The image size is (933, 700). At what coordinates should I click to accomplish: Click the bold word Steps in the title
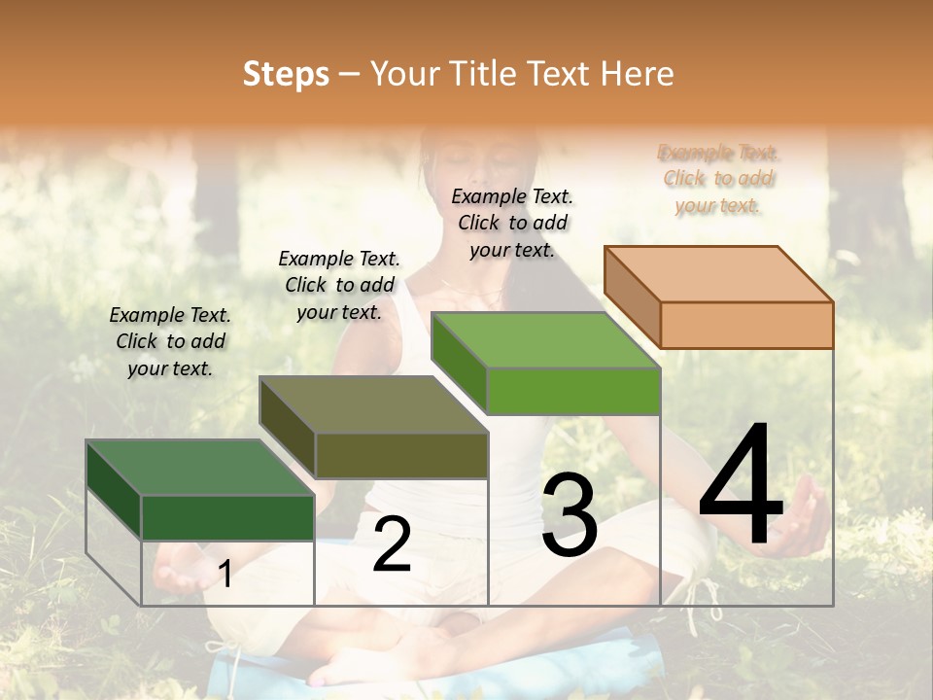286,74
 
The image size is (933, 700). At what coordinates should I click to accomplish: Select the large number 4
741,487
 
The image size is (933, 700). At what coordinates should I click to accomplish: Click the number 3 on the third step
570,517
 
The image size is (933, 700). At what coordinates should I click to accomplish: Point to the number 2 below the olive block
392,544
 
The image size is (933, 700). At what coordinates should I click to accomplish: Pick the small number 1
225,575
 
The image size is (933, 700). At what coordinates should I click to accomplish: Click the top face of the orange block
718,274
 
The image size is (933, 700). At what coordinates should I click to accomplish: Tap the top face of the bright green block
545,340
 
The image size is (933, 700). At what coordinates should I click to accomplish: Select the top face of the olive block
373,404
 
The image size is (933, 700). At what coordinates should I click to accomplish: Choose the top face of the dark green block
200,468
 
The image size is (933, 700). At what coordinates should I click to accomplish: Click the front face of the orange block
746,325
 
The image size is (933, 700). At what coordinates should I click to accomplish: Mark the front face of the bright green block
573,391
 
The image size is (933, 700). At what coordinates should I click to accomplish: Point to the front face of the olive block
401,455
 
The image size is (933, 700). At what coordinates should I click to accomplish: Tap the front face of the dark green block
227,517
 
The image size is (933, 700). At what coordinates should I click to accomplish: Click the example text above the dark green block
170,341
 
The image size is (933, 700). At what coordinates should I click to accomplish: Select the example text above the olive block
339,285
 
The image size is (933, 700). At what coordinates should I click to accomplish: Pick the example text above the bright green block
512,223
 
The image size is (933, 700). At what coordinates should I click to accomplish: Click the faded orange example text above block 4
718,179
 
